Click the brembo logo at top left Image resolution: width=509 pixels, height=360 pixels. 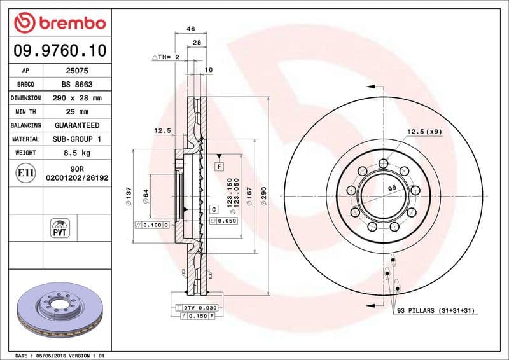[59, 24]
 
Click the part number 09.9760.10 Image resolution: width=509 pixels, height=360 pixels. [59, 49]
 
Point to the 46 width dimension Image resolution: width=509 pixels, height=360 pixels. [190, 29]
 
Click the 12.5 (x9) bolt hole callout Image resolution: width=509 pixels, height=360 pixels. [421, 132]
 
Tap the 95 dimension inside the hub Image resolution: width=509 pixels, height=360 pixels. [392, 188]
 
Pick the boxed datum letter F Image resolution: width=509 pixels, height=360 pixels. [219, 166]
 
